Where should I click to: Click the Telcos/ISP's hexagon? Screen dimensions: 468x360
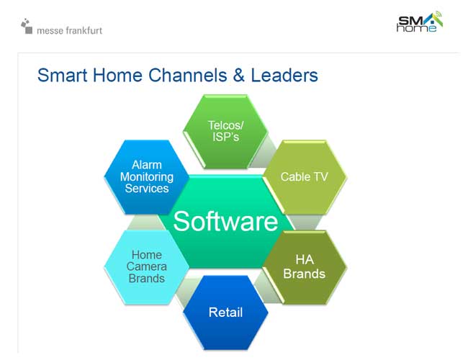[225, 131]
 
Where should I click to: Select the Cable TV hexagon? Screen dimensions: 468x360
[305, 177]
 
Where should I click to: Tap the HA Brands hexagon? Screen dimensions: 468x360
[305, 267]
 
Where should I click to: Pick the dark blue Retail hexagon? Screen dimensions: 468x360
[225, 312]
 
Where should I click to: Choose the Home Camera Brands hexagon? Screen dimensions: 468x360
[147, 267]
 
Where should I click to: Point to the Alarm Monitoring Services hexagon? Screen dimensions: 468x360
[147, 177]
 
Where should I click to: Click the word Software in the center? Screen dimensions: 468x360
[225, 221]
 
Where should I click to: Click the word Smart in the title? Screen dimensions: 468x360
[62, 75]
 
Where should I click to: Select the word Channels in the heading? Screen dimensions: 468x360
[188, 75]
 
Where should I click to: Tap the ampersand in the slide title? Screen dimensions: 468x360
[239, 75]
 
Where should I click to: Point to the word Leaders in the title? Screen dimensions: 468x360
[284, 75]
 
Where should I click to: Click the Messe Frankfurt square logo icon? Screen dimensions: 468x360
[27, 26]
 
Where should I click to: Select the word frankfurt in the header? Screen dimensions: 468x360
[84, 30]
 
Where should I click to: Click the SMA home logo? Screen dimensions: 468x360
[420, 22]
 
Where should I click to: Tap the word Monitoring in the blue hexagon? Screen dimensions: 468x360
[147, 176]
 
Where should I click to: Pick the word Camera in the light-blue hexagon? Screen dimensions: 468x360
[147, 266]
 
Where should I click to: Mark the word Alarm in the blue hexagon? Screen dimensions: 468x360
[147, 165]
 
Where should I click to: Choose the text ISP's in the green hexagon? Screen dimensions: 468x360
[225, 137]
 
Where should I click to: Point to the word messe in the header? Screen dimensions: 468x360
[50, 31]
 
